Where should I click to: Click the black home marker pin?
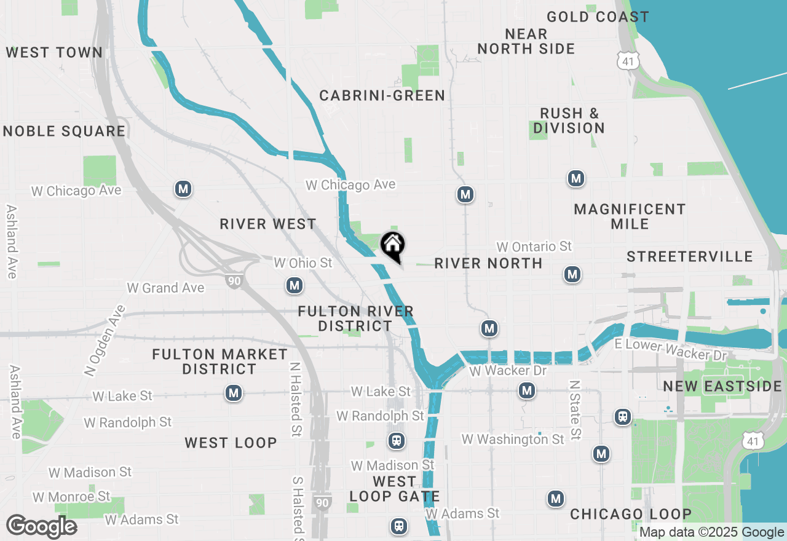393,247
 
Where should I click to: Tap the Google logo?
41,526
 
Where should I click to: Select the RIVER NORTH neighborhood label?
488,264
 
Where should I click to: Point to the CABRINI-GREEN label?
382,95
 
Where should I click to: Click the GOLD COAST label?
598,17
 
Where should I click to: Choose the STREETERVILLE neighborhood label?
689,256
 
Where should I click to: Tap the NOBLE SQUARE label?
64,131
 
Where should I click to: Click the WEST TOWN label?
54,52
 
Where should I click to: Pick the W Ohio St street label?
303,263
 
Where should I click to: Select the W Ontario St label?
534,247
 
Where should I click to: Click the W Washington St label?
513,439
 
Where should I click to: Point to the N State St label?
575,410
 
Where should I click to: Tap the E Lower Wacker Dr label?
671,350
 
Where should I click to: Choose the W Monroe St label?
71,496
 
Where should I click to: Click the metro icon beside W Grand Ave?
295,285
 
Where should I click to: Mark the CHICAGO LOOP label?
631,514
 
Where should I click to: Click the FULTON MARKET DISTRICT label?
219,361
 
